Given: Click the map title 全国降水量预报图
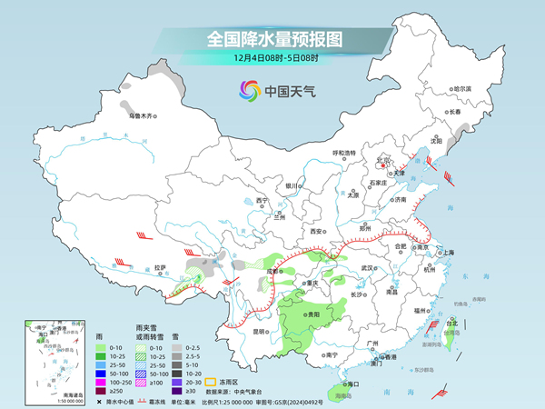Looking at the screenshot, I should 272,40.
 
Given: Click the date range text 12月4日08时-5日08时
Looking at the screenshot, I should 272,61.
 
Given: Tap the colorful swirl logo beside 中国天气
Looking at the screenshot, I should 248,90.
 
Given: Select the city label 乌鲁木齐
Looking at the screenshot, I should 143,115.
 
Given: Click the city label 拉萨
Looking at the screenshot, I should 161,267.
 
